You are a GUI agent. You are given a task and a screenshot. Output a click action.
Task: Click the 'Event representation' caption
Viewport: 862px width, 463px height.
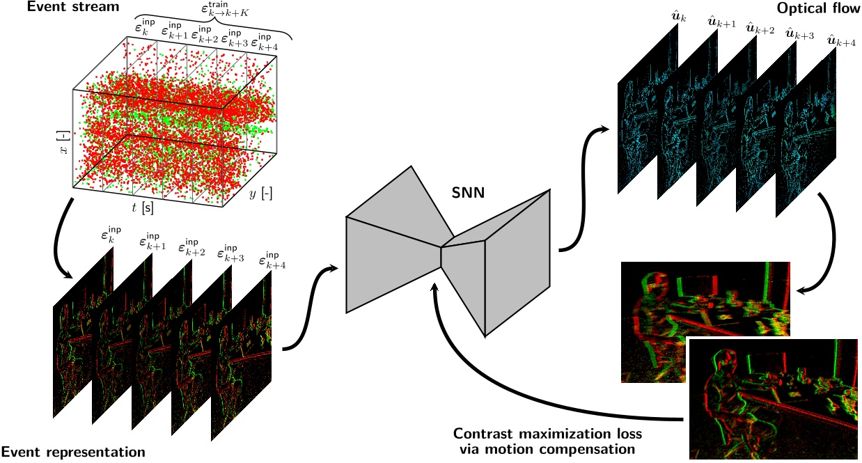(73, 452)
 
